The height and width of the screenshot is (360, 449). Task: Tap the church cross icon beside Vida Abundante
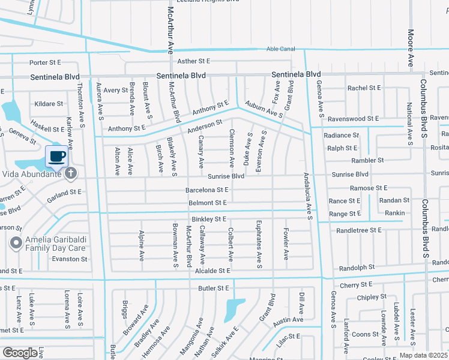coord(71,174)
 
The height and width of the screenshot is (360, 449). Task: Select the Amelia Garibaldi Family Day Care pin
coord(16,244)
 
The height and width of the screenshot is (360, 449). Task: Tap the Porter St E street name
coord(46,62)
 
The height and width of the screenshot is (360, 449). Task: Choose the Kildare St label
coord(49,104)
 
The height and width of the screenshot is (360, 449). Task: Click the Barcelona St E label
coord(207,190)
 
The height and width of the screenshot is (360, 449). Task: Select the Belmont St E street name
coord(207,203)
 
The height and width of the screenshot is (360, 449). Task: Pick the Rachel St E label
coord(364,88)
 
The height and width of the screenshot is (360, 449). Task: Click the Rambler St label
coord(367,161)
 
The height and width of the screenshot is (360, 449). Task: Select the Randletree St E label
coord(359,230)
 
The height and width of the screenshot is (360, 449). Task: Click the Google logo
coord(20,353)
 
